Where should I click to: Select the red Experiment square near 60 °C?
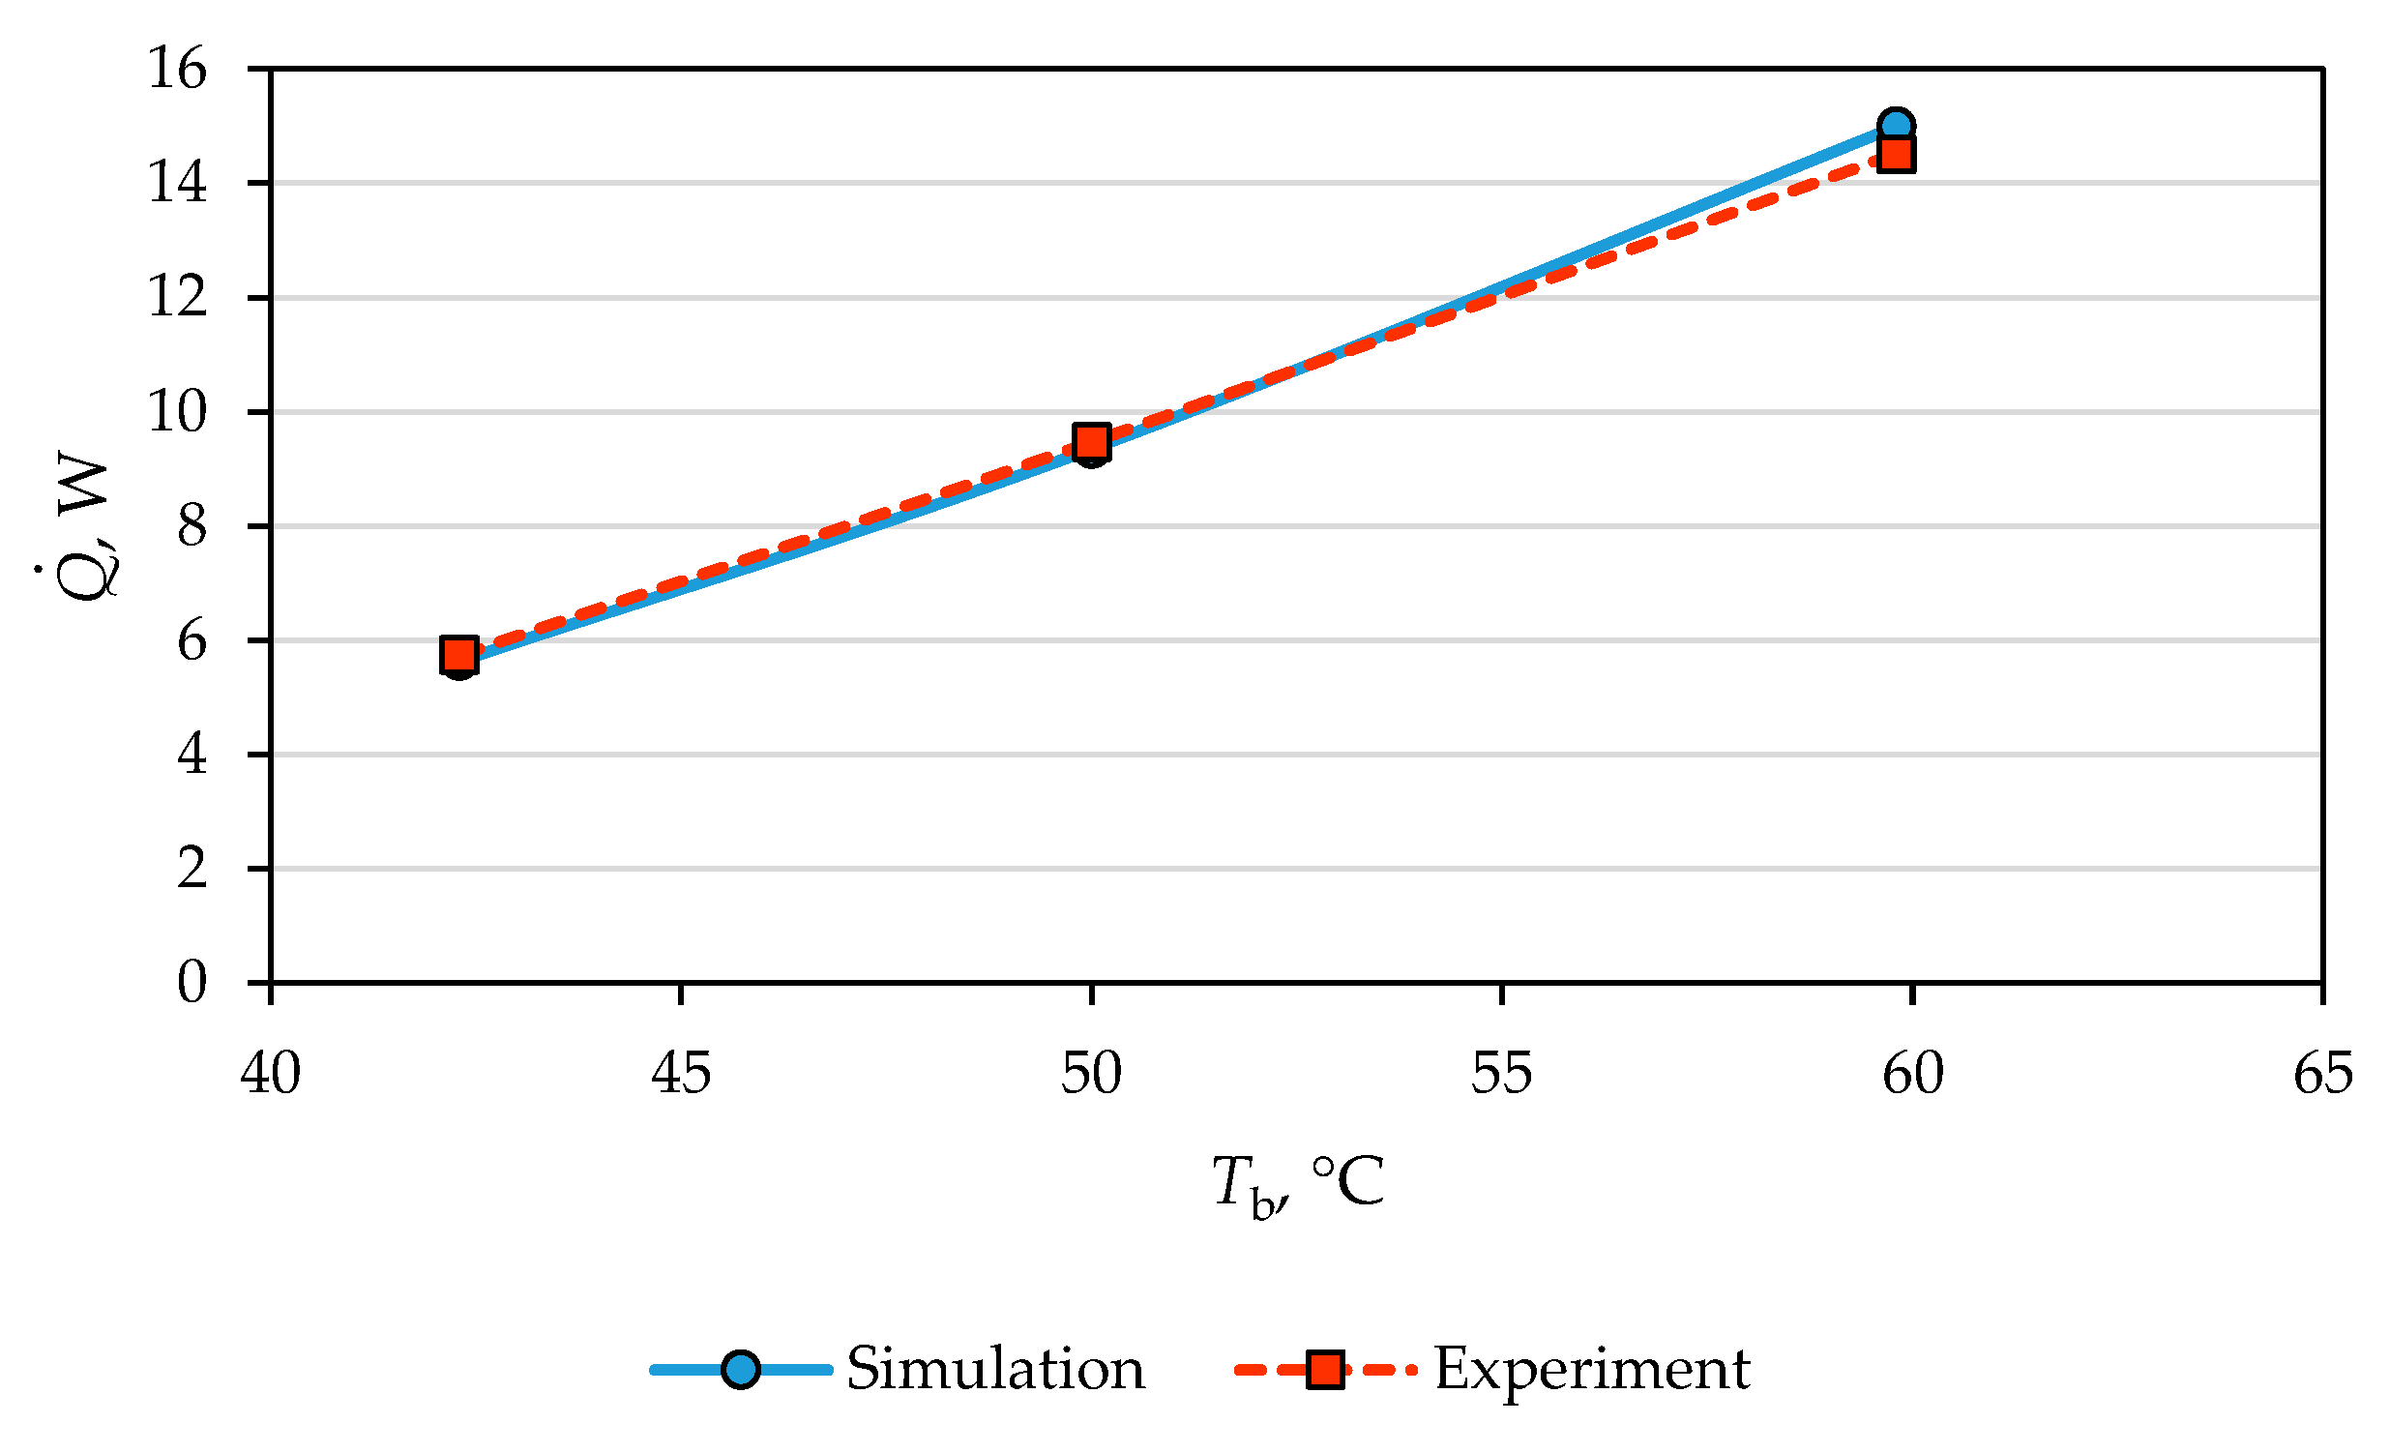point(1897,154)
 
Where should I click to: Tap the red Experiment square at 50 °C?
point(1092,442)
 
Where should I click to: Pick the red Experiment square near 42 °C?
point(458,655)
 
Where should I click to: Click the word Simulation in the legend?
point(996,1369)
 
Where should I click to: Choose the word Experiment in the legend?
point(1592,1369)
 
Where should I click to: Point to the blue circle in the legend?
point(741,1370)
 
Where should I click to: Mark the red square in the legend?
point(1325,1370)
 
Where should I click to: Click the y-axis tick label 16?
point(176,69)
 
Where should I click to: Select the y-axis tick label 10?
point(176,411)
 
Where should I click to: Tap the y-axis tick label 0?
point(191,982)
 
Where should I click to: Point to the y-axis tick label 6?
point(191,640)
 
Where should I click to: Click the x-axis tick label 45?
point(681,1073)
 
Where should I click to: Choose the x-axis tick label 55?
point(1502,1073)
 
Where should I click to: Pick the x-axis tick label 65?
point(2323,1073)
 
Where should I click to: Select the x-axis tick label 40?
point(271,1073)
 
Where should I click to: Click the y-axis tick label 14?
point(176,183)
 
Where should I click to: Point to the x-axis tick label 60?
point(1913,1073)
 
